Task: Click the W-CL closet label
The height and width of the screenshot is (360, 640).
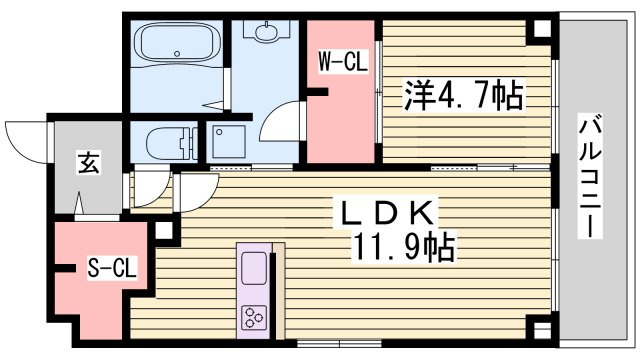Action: [343, 61]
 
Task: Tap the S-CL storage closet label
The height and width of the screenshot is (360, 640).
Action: [112, 268]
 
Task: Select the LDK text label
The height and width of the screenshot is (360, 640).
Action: [387, 212]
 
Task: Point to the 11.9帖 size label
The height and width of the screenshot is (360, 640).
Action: [403, 247]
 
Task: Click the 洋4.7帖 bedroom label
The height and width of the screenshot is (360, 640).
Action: [464, 96]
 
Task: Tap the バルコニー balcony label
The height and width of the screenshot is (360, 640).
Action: [590, 176]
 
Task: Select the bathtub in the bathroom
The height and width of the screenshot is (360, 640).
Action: [177, 42]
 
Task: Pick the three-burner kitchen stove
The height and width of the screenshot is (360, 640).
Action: [254, 318]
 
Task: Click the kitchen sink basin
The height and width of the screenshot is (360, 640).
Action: [254, 268]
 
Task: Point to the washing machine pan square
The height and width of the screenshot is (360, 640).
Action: [229, 142]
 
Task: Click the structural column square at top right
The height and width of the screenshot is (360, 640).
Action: [542, 29]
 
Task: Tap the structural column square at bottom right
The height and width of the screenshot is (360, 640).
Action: [542, 329]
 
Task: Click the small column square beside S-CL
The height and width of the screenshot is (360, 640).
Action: [164, 231]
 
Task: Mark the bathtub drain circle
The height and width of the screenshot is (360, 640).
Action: [177, 53]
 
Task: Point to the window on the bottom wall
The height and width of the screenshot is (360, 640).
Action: [328, 344]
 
